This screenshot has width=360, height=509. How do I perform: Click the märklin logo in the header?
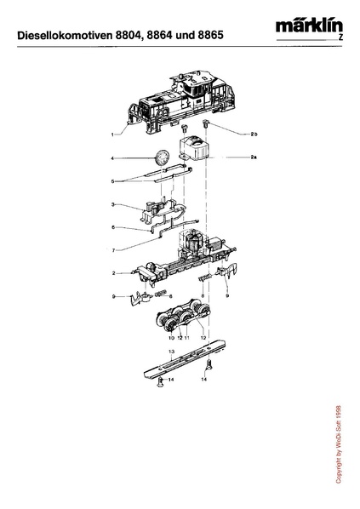309,27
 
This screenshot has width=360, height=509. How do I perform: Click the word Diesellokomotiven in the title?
66,35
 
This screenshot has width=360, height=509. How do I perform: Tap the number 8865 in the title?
210,35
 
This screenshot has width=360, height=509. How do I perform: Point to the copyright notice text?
338,444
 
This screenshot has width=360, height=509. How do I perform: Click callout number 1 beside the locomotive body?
112,134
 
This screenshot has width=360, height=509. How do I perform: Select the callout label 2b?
254,134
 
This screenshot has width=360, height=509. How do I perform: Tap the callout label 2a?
254,157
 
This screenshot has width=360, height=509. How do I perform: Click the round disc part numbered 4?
162,157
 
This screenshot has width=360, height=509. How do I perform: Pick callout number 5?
112,181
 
